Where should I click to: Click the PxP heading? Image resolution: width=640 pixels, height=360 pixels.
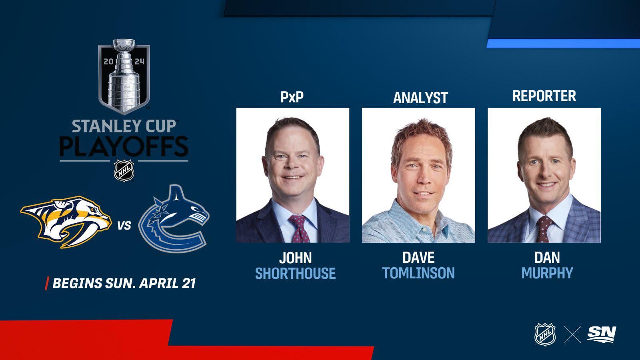coord(292,97)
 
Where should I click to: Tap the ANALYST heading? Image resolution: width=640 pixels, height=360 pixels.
coord(420,98)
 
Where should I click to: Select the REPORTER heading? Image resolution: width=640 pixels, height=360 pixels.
coord(544,96)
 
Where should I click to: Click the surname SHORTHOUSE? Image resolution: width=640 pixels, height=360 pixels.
coord(296,274)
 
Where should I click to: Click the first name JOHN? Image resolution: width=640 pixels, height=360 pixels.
coord(296,258)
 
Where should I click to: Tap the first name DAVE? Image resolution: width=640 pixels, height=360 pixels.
coord(418,258)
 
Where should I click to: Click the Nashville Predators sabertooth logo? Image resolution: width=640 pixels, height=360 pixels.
coord(66,222)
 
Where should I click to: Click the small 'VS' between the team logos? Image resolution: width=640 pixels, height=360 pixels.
coord(124,226)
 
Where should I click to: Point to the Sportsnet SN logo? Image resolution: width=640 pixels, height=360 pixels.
coord(602,334)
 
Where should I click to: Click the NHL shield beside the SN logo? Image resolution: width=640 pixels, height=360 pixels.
coord(545,334)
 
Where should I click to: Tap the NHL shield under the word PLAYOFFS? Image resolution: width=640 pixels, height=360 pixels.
coord(124,171)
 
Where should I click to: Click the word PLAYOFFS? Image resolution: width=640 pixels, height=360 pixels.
coord(124,146)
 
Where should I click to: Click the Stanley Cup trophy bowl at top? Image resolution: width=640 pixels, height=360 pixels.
coord(124,45)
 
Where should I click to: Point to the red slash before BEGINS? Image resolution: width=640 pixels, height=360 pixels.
coord(47,283)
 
